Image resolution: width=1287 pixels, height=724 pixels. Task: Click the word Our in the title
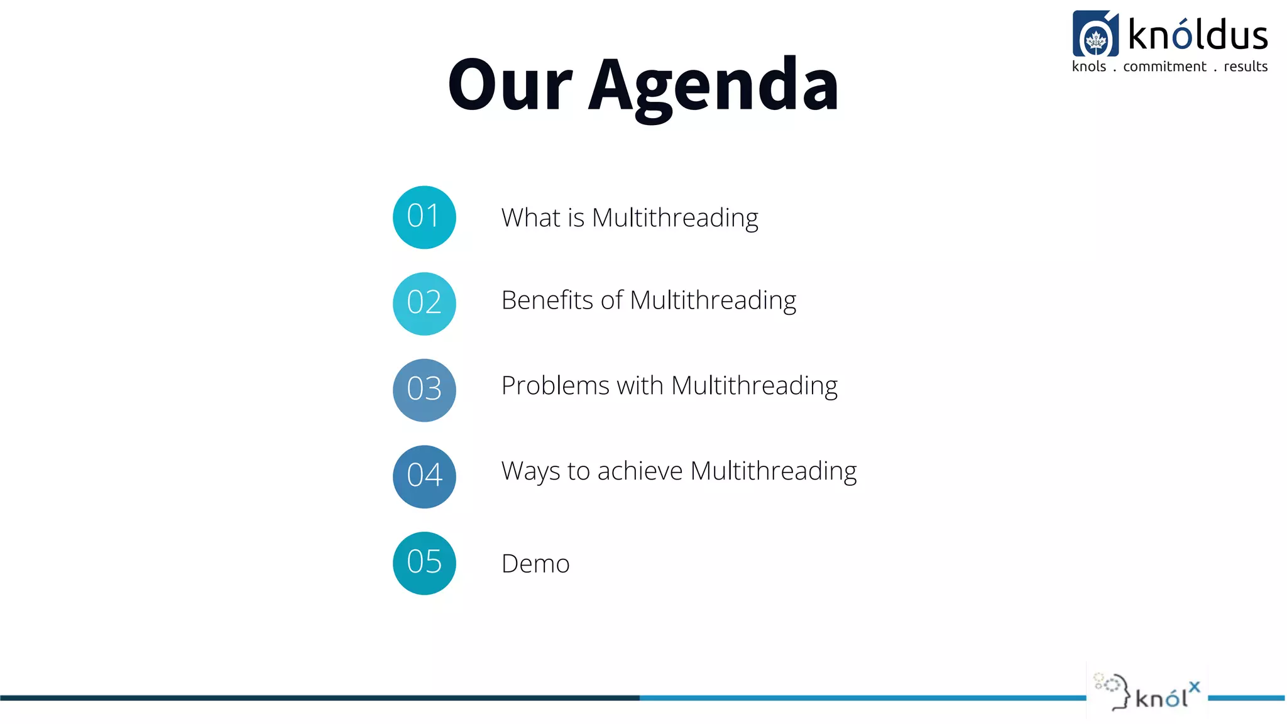coord(510,85)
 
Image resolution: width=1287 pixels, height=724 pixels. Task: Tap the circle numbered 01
coord(424,217)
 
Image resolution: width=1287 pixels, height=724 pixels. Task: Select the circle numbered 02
coord(424,304)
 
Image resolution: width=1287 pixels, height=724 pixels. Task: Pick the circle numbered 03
coord(424,390)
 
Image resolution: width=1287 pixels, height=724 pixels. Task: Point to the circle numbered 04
coord(424,476)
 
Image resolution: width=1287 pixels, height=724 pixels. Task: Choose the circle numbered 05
coord(424,563)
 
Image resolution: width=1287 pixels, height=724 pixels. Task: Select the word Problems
coord(555,386)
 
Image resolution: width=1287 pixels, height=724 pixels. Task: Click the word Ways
coord(530,471)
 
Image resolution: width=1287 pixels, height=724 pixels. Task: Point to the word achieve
coord(640,471)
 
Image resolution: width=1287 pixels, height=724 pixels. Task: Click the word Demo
coord(535,564)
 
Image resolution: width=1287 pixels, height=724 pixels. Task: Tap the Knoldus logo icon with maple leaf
coord(1095,34)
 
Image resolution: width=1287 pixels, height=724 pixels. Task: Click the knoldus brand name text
coord(1198,35)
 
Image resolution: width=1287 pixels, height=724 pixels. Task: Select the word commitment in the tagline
coord(1164,67)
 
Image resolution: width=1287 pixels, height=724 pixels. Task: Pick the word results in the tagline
coord(1246,67)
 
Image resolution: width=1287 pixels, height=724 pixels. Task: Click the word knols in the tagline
coord(1088,67)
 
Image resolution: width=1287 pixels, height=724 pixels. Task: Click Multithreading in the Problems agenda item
coord(754,386)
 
